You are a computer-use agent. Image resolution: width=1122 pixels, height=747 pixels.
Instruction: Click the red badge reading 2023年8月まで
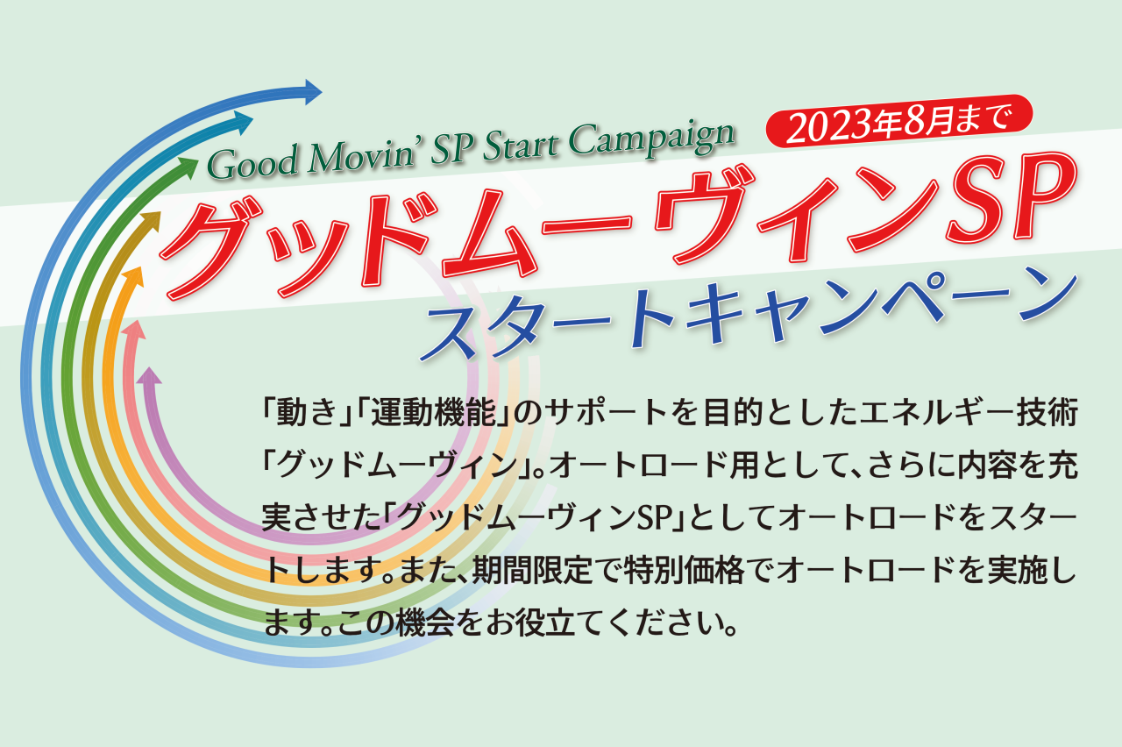(x=899, y=121)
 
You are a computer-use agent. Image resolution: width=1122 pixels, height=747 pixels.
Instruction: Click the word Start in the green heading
(x=521, y=146)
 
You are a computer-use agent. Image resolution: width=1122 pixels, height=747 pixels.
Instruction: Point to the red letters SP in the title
(x=1011, y=197)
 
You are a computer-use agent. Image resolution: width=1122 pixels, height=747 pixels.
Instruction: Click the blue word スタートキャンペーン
(x=749, y=314)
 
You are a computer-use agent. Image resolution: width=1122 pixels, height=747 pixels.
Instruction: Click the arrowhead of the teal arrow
(x=243, y=123)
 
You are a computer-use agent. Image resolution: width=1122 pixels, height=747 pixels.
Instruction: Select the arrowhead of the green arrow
(x=188, y=167)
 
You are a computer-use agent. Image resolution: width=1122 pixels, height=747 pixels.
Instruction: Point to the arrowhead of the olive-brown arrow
(x=151, y=221)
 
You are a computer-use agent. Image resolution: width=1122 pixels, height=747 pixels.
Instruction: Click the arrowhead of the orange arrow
(x=132, y=276)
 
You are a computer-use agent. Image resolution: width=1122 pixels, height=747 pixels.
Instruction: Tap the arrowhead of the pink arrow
(x=134, y=330)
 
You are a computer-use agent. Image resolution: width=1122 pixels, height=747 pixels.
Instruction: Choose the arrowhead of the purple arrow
(x=149, y=376)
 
